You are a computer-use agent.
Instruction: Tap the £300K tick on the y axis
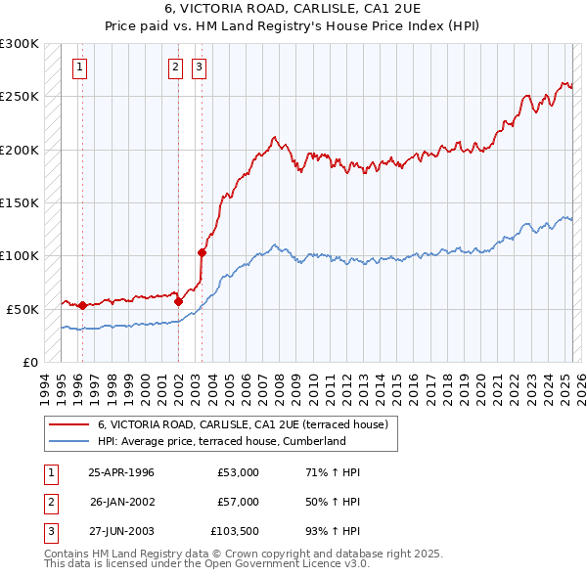click(20, 44)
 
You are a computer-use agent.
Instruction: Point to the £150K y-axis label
click(20, 202)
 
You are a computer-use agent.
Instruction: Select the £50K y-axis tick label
click(23, 308)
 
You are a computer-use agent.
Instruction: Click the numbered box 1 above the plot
click(78, 67)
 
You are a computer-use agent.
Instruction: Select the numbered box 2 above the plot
click(175, 67)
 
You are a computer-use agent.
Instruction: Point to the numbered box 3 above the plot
click(199, 67)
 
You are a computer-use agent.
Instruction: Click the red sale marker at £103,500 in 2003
click(203, 252)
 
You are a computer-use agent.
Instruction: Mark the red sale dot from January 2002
click(178, 302)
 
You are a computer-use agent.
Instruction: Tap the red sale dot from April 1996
click(82, 305)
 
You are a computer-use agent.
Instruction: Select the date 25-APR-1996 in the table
click(121, 472)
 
